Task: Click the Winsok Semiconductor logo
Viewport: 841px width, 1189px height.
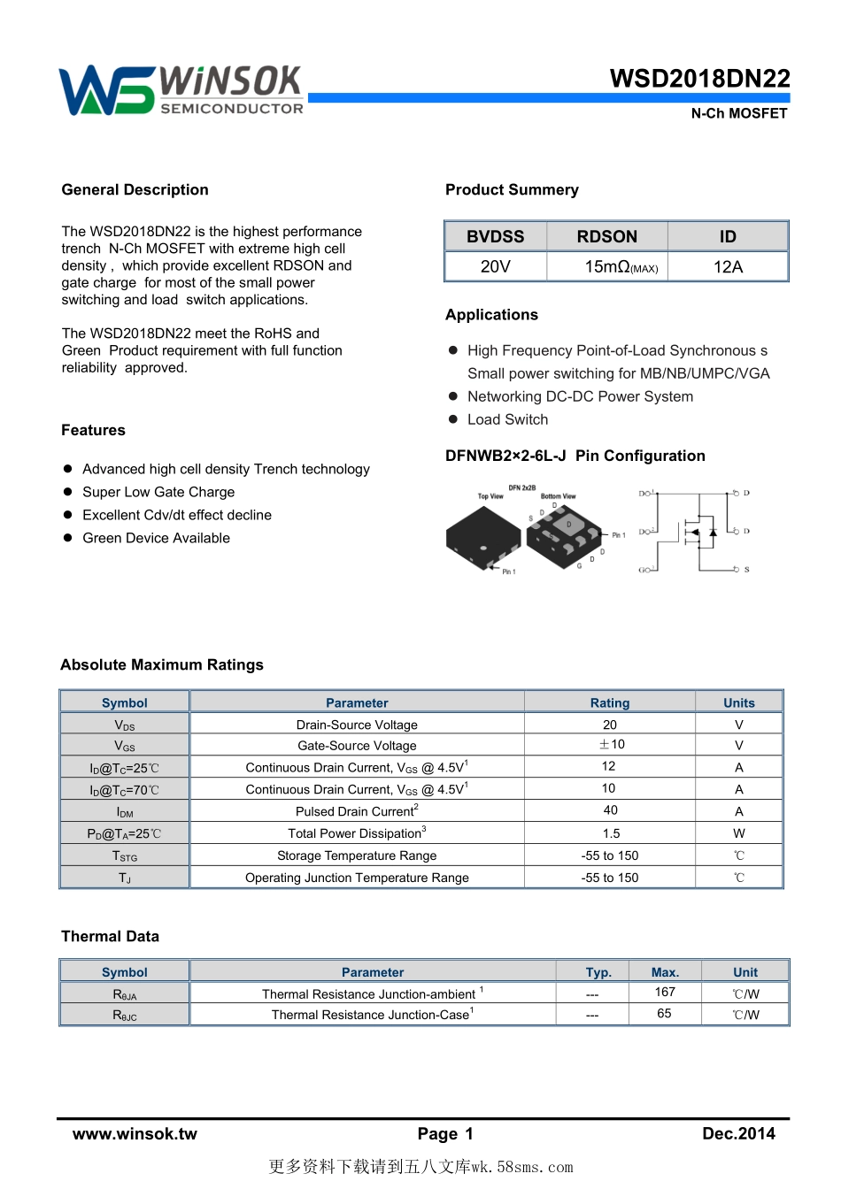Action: pos(181,90)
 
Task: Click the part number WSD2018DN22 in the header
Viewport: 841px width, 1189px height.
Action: pos(699,79)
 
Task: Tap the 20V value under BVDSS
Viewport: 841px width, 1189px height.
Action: pos(495,266)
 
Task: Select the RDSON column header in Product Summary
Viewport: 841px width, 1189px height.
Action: pos(606,236)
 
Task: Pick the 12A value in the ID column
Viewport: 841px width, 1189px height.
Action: pos(728,266)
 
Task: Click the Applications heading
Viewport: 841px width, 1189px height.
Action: pos(491,315)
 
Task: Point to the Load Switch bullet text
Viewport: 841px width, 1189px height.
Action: pos(507,419)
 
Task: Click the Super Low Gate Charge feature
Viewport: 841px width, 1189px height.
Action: pos(158,492)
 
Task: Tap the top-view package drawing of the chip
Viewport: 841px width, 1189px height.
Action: pos(482,533)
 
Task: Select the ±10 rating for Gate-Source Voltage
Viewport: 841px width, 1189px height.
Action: pos(610,745)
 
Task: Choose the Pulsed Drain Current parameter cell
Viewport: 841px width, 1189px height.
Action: pos(357,811)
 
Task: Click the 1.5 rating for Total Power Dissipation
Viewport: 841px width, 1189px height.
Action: pos(610,833)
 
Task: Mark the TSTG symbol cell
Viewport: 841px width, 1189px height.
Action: pos(125,855)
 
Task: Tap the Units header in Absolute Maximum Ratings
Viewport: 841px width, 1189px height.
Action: pos(738,703)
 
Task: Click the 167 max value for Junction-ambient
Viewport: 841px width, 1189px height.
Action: pos(665,993)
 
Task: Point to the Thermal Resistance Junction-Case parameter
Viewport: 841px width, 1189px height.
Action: pos(373,1015)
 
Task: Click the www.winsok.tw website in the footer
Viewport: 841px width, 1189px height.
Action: pos(135,1134)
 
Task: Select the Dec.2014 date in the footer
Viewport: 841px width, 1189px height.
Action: pos(738,1134)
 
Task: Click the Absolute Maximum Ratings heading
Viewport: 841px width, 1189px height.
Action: pos(162,665)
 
